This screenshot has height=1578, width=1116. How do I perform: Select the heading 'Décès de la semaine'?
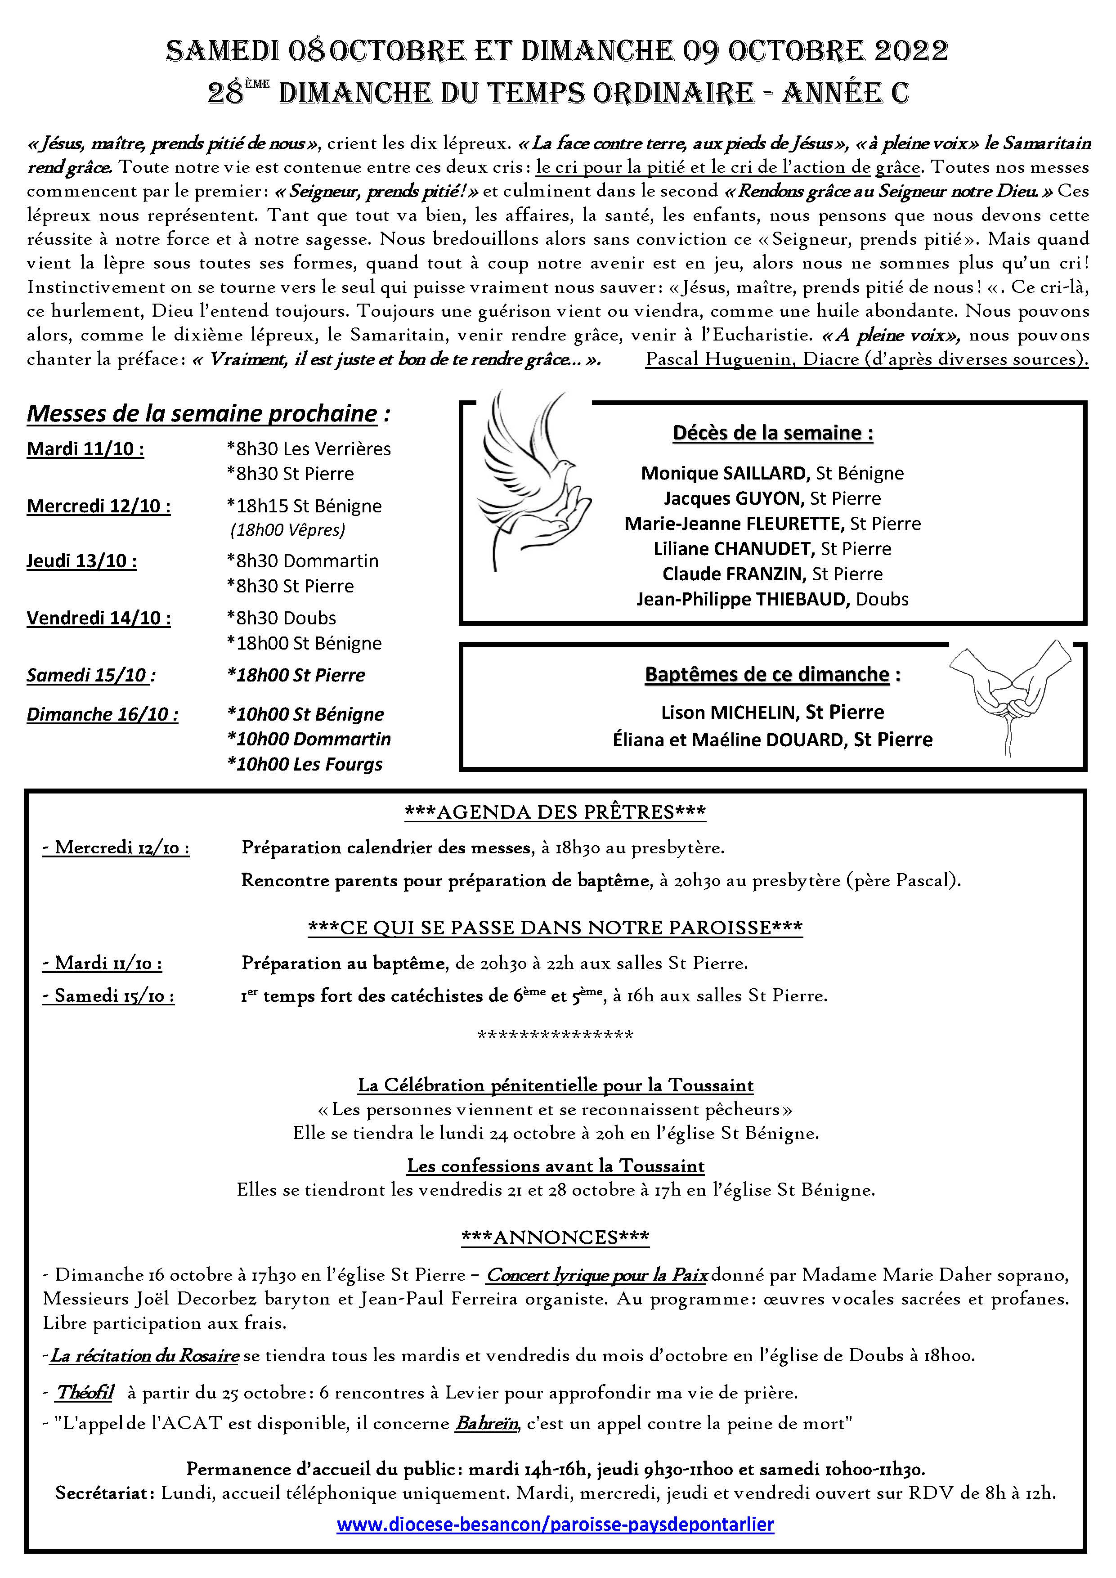point(772,433)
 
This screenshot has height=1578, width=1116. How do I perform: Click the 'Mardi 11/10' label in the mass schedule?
point(85,449)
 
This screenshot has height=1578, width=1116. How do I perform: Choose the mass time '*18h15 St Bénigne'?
point(304,506)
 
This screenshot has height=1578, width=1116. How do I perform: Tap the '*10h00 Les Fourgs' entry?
point(305,764)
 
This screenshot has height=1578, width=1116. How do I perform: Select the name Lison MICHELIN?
point(728,712)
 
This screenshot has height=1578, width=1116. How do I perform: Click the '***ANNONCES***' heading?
point(555,1237)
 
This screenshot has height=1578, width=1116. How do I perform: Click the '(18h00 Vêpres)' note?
point(287,530)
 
